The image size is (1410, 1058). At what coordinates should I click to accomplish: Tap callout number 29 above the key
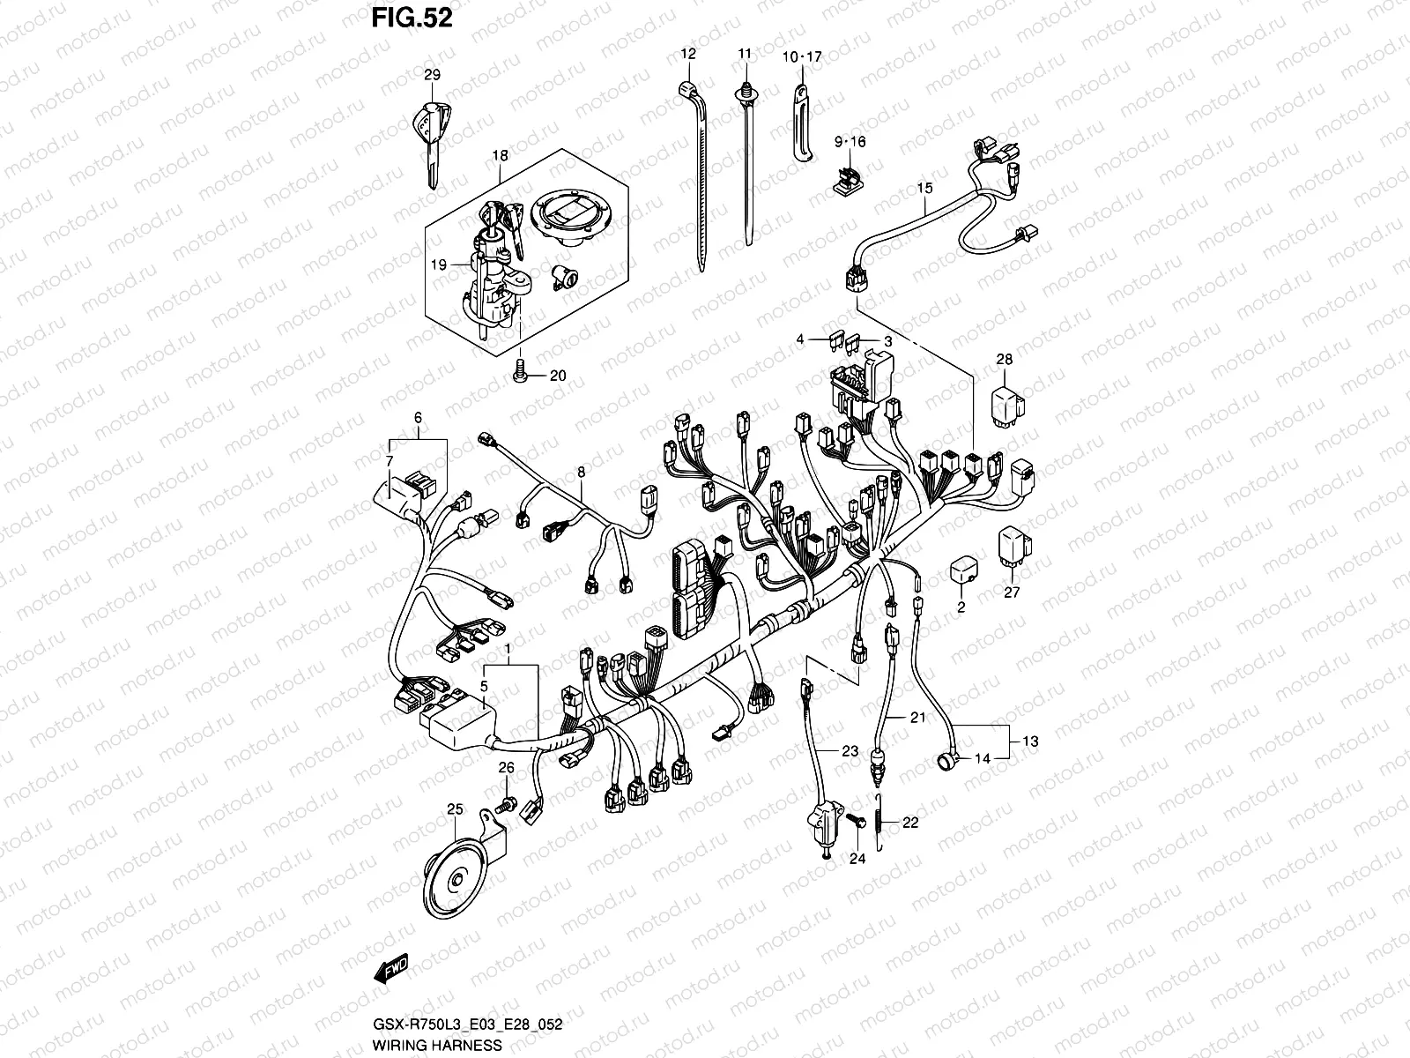[x=431, y=75]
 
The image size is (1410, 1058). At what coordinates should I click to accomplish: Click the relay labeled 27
[x=1014, y=553]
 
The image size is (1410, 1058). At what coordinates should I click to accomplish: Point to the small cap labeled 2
[x=961, y=572]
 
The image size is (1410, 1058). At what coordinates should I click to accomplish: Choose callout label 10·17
[x=801, y=57]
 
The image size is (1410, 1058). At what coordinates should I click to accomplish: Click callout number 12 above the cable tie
[x=688, y=54]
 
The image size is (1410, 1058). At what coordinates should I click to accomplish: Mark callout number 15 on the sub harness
[x=924, y=188]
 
